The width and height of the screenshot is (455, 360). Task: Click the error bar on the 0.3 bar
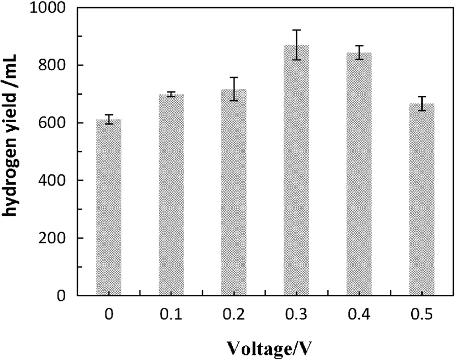296,45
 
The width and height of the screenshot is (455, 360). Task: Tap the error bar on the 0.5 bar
421,103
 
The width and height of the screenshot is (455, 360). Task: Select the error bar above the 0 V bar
108,119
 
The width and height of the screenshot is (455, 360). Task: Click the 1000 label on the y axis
52,8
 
